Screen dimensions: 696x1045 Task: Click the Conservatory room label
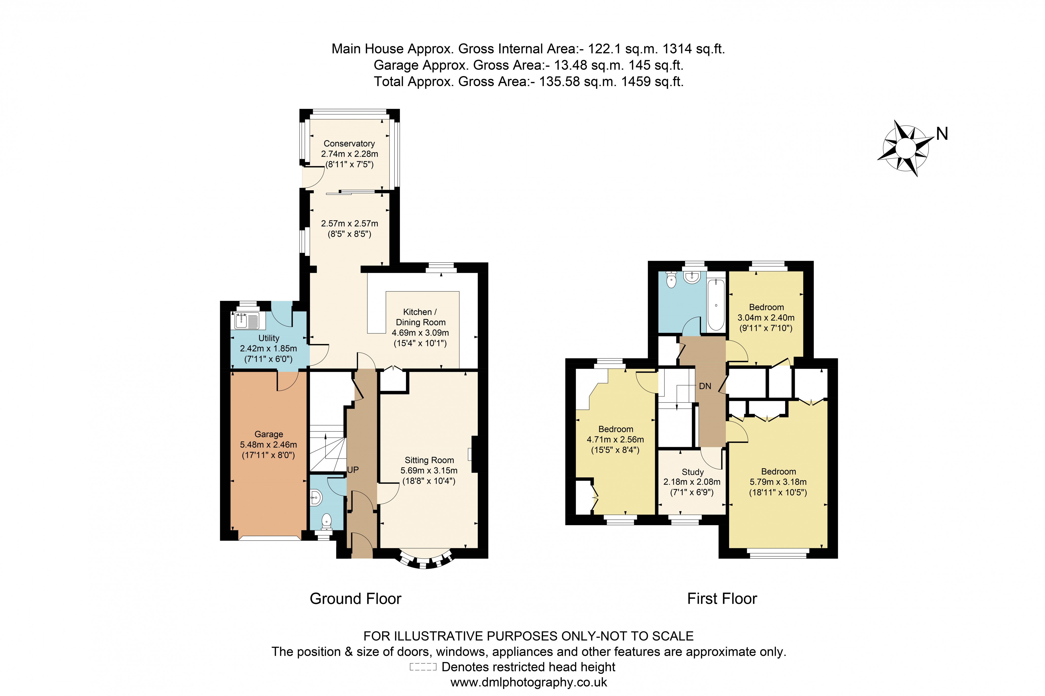pyautogui.click(x=349, y=143)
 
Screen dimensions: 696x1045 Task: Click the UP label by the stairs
pyautogui.click(x=353, y=470)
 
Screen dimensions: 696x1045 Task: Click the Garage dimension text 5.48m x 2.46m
pyautogui.click(x=268, y=444)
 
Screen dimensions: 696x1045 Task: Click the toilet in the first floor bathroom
pyautogui.click(x=671, y=280)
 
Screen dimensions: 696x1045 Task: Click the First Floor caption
pyautogui.click(x=722, y=599)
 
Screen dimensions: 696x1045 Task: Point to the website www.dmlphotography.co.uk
pyautogui.click(x=528, y=682)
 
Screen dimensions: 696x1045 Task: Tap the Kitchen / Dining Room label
pyautogui.click(x=420, y=317)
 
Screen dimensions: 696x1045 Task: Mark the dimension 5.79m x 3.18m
pyautogui.click(x=778, y=482)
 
